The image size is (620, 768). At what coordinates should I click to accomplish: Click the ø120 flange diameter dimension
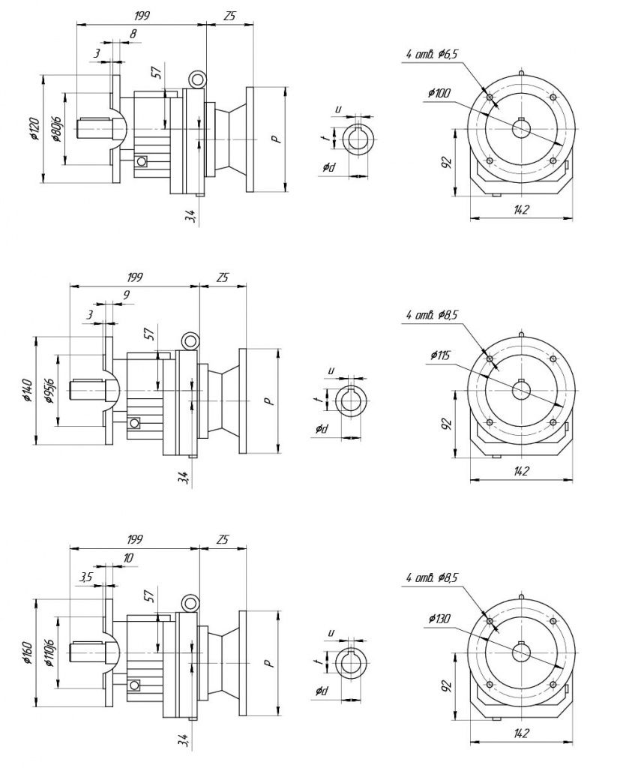tap(34, 129)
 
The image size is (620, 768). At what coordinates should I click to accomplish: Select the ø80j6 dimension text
tap(56, 129)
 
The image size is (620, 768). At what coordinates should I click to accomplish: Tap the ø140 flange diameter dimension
tap(28, 390)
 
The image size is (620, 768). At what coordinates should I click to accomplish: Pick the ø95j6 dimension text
tap(49, 391)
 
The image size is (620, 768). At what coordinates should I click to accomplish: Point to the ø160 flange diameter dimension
tap(28, 652)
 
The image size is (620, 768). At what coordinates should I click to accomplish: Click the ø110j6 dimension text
tap(49, 652)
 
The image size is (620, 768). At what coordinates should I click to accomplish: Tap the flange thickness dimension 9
tap(127, 295)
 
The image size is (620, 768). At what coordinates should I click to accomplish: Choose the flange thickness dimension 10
tap(128, 557)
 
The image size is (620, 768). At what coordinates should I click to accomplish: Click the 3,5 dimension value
tap(85, 577)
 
